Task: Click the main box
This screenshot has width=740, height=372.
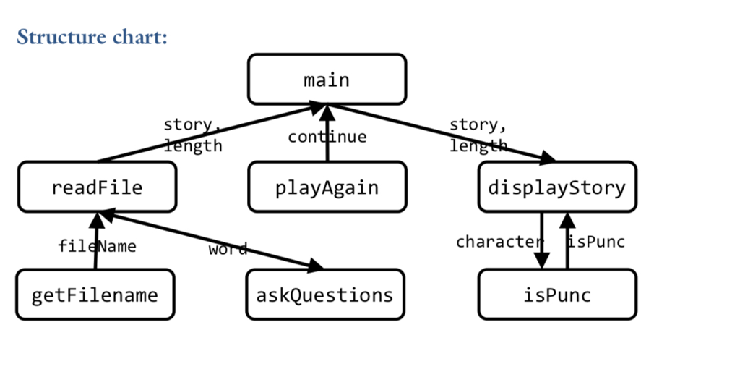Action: [x=327, y=79]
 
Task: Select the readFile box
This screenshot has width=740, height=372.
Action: [x=97, y=187]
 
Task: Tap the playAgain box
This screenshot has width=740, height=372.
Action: [x=327, y=187]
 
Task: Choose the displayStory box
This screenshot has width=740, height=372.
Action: [x=557, y=187]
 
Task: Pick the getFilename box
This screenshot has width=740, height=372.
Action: [x=95, y=295]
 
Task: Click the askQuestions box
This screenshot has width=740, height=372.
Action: [x=325, y=295]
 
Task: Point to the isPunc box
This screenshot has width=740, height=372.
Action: [x=557, y=295]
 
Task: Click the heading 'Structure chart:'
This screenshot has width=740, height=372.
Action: [x=92, y=36]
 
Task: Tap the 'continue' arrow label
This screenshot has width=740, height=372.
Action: [x=327, y=137]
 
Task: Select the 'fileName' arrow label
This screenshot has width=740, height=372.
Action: [x=97, y=246]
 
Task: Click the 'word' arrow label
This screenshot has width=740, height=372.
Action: [x=228, y=250]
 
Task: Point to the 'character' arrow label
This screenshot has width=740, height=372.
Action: [x=499, y=242]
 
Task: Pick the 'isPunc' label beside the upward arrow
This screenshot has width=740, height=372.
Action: [x=597, y=242]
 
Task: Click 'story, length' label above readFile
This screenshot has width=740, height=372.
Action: [x=192, y=135]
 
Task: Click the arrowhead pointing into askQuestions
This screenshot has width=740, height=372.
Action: [x=315, y=267]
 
